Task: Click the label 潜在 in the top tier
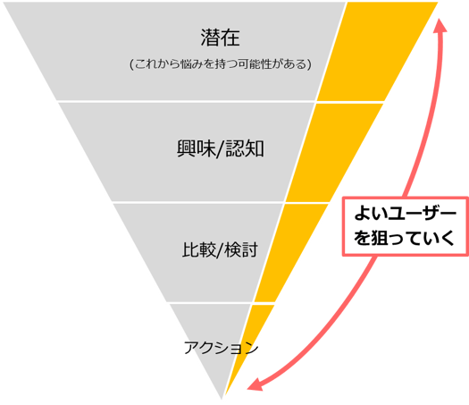[x=220, y=38]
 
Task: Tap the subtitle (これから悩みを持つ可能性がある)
[x=221, y=64]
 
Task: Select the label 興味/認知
[x=221, y=148]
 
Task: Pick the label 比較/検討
[x=220, y=249]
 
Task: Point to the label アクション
[x=221, y=348]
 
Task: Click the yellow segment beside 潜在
[x=377, y=51]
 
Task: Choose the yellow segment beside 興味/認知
[x=334, y=153]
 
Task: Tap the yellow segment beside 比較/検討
[x=291, y=253]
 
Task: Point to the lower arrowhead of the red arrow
[x=255, y=385]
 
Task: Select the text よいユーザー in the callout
[x=406, y=214]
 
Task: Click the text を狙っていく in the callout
[x=405, y=238]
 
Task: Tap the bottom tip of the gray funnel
[x=222, y=399]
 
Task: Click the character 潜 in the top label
[x=210, y=38]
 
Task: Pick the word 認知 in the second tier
[x=245, y=148]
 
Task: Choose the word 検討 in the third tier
[x=241, y=249]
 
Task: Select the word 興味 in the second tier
[x=197, y=148]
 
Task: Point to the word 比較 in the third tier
[x=198, y=249]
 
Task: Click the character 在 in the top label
[x=230, y=38]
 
